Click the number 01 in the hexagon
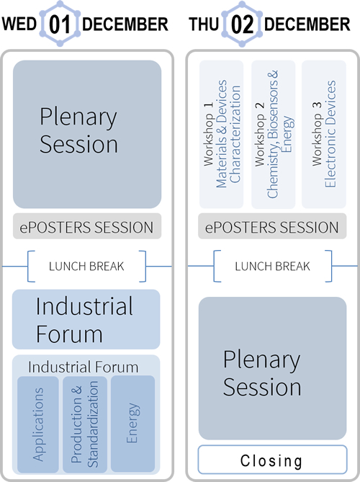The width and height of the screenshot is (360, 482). [x=59, y=24]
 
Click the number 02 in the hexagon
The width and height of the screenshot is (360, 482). [x=242, y=24]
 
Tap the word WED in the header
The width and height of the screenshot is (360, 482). [x=19, y=24]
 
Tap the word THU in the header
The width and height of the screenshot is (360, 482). [x=204, y=24]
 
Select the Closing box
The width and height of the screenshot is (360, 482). [x=272, y=460]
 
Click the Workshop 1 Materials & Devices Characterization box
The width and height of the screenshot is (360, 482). [x=222, y=134]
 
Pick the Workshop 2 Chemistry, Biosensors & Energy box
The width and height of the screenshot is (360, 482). [x=274, y=134]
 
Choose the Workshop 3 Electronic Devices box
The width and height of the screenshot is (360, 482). [x=324, y=134]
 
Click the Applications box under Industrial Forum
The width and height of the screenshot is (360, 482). [x=38, y=424]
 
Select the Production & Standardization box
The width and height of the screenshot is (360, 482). [x=85, y=424]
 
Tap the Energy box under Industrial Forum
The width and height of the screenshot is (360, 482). [x=132, y=424]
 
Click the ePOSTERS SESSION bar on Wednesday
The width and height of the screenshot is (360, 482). [x=87, y=226]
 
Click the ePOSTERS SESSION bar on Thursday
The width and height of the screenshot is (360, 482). [x=272, y=226]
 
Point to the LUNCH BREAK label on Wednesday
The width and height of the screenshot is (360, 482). [x=86, y=266]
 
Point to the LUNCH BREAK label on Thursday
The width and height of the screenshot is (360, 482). [x=272, y=266]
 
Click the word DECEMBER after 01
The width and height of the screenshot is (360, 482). [x=125, y=24]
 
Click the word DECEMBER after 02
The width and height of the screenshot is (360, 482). [x=307, y=24]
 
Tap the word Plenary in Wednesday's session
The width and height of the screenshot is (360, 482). [x=78, y=117]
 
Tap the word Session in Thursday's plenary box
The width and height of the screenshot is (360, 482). [x=262, y=387]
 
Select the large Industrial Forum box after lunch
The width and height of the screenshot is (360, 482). [x=86, y=319]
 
